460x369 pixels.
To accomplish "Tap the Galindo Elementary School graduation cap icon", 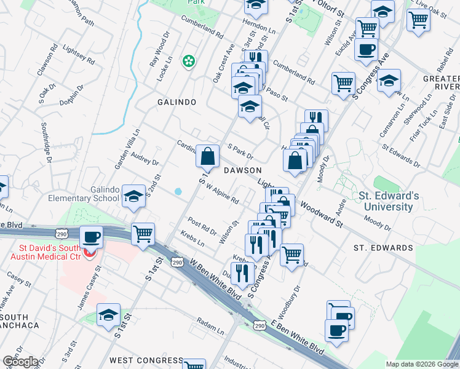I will (133, 196).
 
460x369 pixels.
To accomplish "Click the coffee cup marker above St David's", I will (92, 236).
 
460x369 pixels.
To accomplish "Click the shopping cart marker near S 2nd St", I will (143, 233).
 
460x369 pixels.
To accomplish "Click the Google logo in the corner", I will (20, 362).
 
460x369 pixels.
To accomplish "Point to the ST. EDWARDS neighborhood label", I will (383, 248).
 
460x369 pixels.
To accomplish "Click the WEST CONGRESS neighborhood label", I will (146, 360).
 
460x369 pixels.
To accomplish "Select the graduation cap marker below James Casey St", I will (109, 314).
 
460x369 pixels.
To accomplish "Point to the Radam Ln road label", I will (210, 323).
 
